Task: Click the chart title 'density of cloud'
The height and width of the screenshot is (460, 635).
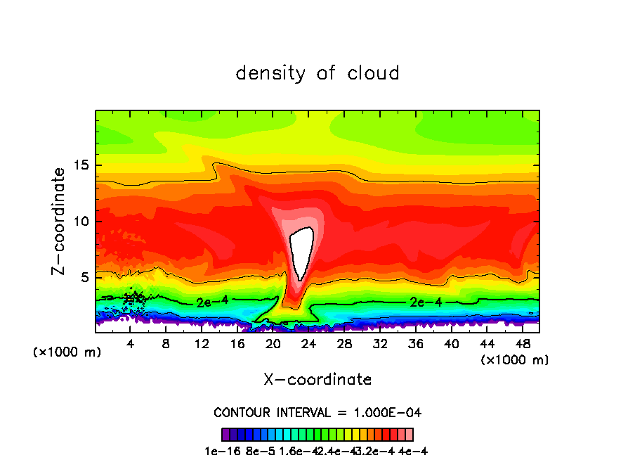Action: point(317,73)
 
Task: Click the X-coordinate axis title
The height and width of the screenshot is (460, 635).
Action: point(317,380)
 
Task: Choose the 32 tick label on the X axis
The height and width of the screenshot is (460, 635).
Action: point(380,344)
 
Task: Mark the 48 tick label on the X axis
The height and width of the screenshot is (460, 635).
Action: point(522,344)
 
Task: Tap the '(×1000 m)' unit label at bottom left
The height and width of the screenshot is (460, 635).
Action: point(67,352)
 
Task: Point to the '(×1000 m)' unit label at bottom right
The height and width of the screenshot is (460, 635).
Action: point(515,360)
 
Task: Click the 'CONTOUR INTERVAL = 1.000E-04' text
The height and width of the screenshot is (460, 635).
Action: point(317,412)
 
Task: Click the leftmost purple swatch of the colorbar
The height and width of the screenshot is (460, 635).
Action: point(225,435)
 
